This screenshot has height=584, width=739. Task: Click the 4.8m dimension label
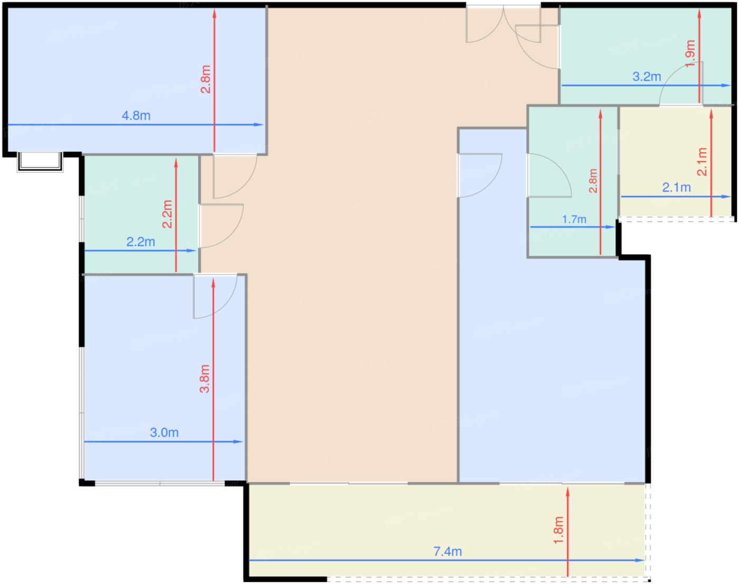[136, 116]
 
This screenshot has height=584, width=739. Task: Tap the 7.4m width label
[448, 551]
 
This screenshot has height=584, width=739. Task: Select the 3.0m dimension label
[164, 432]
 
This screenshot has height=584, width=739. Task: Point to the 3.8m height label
[205, 378]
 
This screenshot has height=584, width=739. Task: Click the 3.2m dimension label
[647, 76]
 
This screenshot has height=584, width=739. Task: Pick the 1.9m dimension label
[690, 54]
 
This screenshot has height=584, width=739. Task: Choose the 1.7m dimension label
[574, 219]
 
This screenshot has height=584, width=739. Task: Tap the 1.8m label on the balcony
[558, 530]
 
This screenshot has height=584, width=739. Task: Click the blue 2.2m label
[140, 242]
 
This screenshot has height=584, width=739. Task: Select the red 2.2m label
[167, 214]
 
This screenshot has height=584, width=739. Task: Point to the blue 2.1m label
[676, 188]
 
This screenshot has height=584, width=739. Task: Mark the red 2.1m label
[702, 162]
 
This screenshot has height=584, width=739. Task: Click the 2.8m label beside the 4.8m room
[206, 79]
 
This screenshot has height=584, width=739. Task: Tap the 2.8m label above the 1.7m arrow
[593, 181]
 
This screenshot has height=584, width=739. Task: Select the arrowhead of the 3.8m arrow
[213, 283]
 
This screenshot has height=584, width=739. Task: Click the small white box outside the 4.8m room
[40, 162]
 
